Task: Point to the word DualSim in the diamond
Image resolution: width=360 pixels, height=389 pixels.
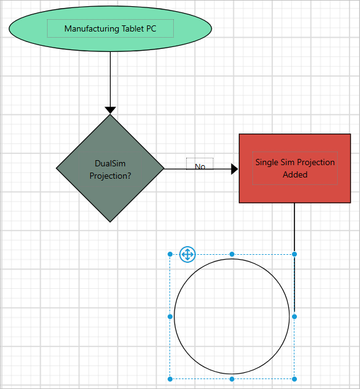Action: (x=110, y=163)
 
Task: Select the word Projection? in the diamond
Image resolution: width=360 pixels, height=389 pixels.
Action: (x=110, y=175)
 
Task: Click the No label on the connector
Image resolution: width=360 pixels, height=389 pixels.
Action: (x=200, y=166)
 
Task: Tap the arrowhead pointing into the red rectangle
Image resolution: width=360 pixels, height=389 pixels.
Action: (x=234, y=169)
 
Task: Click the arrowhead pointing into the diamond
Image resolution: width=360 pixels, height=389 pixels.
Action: (x=110, y=110)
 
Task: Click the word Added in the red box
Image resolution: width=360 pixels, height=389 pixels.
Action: (x=295, y=174)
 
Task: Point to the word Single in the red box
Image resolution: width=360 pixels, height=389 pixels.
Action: (x=268, y=162)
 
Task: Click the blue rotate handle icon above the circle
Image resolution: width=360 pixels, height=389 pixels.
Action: (x=187, y=254)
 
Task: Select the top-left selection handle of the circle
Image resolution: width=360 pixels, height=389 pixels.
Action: (x=170, y=254)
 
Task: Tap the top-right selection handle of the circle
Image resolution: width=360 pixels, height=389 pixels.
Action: (x=294, y=254)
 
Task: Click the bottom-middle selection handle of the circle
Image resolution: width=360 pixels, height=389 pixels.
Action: (x=232, y=378)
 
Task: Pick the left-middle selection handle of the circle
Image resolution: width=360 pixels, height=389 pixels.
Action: (x=170, y=317)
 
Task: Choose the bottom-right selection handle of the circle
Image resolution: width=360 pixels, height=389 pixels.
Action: (x=294, y=378)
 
